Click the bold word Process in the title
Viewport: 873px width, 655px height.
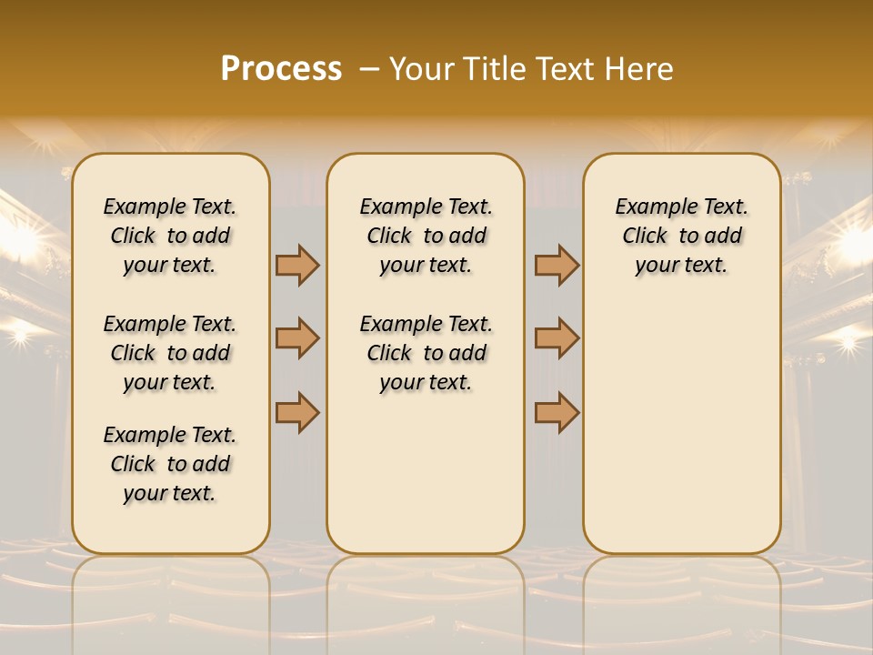[x=281, y=69]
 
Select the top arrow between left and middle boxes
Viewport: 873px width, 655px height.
[x=297, y=266]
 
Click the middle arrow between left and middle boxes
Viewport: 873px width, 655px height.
[x=297, y=338]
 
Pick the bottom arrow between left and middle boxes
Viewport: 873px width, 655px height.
[x=297, y=412]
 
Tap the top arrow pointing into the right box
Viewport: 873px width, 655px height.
[x=557, y=266]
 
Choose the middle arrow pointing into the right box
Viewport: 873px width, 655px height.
[x=557, y=338]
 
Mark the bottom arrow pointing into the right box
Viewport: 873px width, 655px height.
[x=557, y=412]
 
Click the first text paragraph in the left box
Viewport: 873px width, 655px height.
[x=170, y=236]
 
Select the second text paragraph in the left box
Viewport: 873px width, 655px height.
[x=170, y=353]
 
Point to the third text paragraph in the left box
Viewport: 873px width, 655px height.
[x=170, y=464]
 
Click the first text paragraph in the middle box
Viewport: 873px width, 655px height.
[x=426, y=236]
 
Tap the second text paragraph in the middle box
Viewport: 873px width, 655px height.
[x=426, y=353]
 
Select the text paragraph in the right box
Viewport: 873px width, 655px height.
[x=682, y=236]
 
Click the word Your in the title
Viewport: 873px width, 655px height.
[x=421, y=69]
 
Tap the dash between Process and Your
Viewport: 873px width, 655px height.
[x=368, y=69]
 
